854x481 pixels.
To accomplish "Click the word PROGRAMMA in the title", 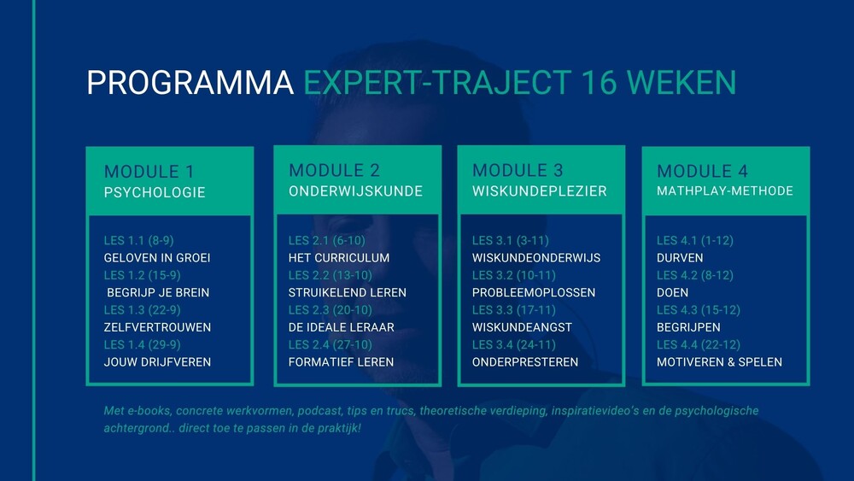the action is point(190,83).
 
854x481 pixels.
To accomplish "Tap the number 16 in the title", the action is point(599,83).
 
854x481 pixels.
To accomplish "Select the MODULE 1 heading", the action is point(149,172).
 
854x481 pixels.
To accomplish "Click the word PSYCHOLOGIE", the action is point(155,192).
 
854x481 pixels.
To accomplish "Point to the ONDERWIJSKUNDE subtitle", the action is point(355,191).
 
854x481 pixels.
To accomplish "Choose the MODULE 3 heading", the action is point(518,171).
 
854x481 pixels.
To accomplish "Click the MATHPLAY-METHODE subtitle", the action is point(725,191).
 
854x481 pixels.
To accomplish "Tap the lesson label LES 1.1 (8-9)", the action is point(139,240).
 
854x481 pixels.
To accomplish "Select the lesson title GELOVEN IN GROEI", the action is point(157,258).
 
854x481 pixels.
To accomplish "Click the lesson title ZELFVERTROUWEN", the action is point(157,327).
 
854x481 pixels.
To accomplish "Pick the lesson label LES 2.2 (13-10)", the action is point(330,275).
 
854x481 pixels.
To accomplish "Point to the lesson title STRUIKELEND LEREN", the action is point(348,292).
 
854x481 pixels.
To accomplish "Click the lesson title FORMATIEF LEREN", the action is point(341,362).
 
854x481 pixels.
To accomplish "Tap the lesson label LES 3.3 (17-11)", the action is point(514,310).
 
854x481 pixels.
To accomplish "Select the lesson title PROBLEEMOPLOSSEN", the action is point(534,292).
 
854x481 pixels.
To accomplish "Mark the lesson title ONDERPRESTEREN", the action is point(525,362).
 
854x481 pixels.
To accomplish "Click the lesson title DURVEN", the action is point(680,258).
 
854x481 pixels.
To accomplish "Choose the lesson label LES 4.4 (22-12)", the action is point(699,345).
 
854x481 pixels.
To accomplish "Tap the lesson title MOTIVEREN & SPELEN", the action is point(719,362).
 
